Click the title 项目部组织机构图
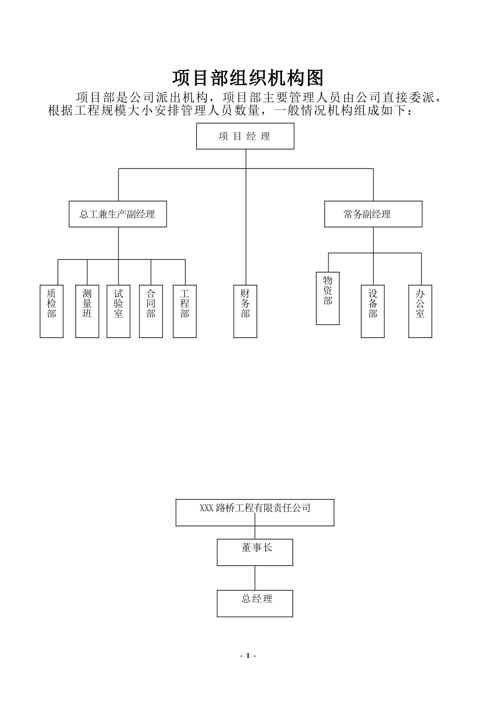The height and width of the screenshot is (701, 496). pyautogui.click(x=248, y=78)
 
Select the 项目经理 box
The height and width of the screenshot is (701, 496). pyautogui.click(x=245, y=136)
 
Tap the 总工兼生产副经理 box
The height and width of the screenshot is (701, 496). pyautogui.click(x=117, y=214)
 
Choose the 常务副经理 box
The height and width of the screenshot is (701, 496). pyautogui.click(x=373, y=214)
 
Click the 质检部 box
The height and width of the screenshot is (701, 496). pyautogui.click(x=52, y=311)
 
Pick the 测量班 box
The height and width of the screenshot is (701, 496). pyautogui.click(x=87, y=311)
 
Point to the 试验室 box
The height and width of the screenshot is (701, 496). pyautogui.click(x=119, y=311)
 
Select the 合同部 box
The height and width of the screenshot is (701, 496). pyautogui.click(x=151, y=311)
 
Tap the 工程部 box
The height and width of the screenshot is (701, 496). pyautogui.click(x=185, y=311)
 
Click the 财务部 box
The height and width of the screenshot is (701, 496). pyautogui.click(x=245, y=311)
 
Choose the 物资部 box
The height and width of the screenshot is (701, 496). pyautogui.click(x=328, y=298)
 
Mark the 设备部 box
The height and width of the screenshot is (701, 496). pyautogui.click(x=373, y=311)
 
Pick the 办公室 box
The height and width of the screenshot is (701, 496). pyautogui.click(x=420, y=311)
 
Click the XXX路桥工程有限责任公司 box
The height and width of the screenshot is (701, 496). pyautogui.click(x=255, y=512)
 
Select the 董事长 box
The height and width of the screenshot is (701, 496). pyautogui.click(x=255, y=552)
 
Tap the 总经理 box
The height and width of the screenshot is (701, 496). pyautogui.click(x=255, y=603)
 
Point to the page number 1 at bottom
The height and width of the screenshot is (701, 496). pyautogui.click(x=248, y=656)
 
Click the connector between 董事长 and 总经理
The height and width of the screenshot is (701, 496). pyautogui.click(x=255, y=578)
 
